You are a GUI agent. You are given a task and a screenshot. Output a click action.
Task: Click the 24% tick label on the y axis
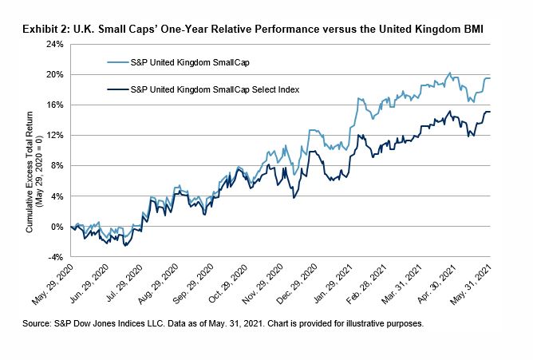point(55,44)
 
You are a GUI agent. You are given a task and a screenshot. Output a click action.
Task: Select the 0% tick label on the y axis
point(57,227)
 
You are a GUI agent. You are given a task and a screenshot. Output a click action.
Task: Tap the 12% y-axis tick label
point(55,135)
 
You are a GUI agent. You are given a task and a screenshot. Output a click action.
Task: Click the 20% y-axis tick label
point(55,74)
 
